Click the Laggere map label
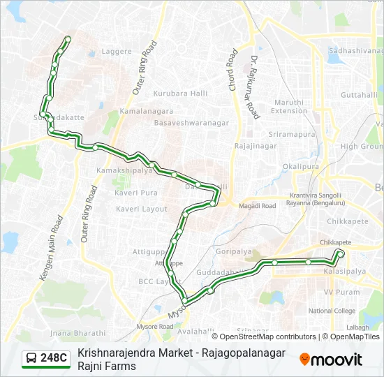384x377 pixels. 117,51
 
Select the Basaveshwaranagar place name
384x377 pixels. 191,122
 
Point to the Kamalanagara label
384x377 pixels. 147,111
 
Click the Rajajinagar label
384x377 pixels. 256,146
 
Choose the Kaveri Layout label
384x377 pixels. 142,209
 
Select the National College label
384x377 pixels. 332,311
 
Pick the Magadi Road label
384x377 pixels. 258,206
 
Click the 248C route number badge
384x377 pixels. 46,359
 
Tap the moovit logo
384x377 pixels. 331,360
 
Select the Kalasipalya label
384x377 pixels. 344,270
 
